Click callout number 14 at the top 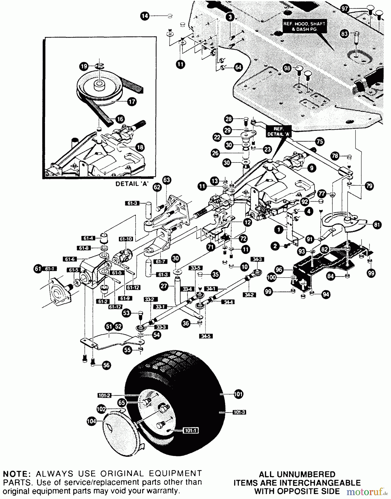pos(145,16)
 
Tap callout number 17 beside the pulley pos(132,102)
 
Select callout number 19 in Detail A pos(84,66)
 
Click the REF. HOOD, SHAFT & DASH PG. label pos(304,26)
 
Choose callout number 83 pos(344,34)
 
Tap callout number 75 pos(320,141)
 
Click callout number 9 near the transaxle pos(312,168)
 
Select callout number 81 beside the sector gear pos(377,225)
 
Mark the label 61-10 pos(126,239)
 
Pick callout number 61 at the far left pos(38,269)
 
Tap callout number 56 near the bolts pos(106,365)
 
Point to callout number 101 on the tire pos(238,394)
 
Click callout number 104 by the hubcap pos(91,421)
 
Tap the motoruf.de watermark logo pos(366,492)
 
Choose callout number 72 pos(243,238)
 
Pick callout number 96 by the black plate pos(279,269)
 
